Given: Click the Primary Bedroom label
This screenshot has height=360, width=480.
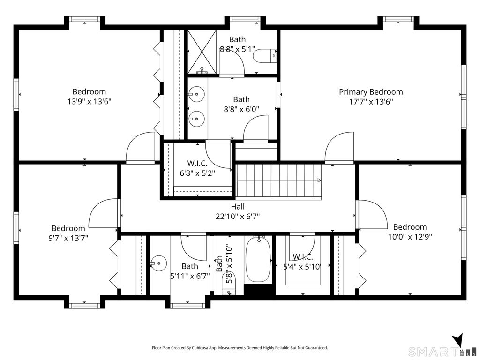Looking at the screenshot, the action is [371, 92].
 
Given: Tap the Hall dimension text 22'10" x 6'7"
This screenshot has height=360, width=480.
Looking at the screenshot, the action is [238, 217].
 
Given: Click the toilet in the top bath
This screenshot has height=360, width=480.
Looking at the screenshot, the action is [264, 56].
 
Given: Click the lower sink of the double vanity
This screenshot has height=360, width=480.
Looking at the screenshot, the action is [196, 119].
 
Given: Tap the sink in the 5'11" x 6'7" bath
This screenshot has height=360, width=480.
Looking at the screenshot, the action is [158, 263].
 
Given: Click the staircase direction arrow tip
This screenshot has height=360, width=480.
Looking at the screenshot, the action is [321, 180].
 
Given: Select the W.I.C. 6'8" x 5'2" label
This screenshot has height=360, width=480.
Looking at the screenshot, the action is [197, 168].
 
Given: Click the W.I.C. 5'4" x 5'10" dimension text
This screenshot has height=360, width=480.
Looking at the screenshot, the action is [303, 267].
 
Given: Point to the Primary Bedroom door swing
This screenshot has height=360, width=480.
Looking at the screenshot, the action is [339, 146].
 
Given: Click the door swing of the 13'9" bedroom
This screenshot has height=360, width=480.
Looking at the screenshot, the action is [141, 147].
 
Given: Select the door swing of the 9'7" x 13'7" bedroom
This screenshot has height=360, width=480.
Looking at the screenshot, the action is [103, 213].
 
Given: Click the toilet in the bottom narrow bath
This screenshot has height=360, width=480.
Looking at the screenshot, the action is [229, 288].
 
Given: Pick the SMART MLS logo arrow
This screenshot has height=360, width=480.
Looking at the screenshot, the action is [457, 340].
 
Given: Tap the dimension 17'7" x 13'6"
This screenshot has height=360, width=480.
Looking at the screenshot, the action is [371, 102].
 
